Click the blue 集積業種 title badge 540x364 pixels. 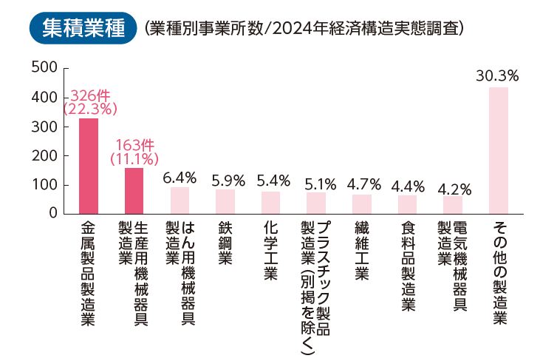[83, 28]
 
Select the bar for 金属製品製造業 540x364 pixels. [89, 166]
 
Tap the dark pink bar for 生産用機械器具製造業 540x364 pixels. [134, 191]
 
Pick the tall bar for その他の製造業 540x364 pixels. [499, 151]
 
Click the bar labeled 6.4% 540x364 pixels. [180, 200]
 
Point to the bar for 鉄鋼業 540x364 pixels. [225, 202]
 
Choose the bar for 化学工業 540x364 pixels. [270, 203]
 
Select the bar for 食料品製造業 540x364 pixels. [408, 205]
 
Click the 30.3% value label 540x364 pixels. [497, 76]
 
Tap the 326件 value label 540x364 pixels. [90, 95]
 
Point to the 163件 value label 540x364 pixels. [135, 145]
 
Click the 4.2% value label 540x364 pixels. [454, 189]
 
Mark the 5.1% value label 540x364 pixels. [321, 184]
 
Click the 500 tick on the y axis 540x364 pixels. [44, 67]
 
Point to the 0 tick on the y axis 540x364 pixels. [53, 213]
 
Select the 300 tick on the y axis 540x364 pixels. [44, 127]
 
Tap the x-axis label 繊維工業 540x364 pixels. [362, 251]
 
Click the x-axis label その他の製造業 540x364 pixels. [500, 272]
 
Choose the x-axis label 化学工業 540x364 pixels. [270, 251]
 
